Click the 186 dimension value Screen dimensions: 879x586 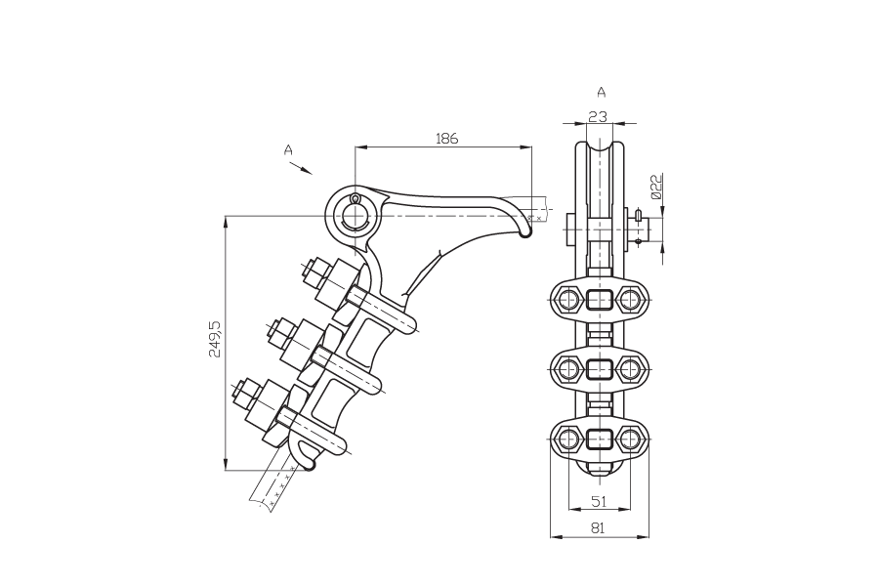coord(446,138)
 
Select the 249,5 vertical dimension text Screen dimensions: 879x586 coord(215,339)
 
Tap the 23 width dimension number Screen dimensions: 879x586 coord(598,116)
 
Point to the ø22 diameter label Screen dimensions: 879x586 coord(656,187)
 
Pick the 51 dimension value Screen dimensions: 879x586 coord(600,501)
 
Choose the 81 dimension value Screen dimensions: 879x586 coord(598,528)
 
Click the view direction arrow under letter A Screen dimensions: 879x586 coord(301,168)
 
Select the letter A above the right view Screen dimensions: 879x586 coord(602,92)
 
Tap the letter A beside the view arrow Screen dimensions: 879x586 coord(288,149)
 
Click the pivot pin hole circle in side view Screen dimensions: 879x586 coord(355,215)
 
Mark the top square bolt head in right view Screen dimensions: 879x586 coord(599,300)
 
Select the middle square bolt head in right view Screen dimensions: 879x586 coord(599,369)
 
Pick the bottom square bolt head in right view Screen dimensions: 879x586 coord(599,439)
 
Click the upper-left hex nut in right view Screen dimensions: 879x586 coord(567,300)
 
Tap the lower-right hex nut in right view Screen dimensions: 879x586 coord(630,439)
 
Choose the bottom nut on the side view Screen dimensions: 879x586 coord(247,395)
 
